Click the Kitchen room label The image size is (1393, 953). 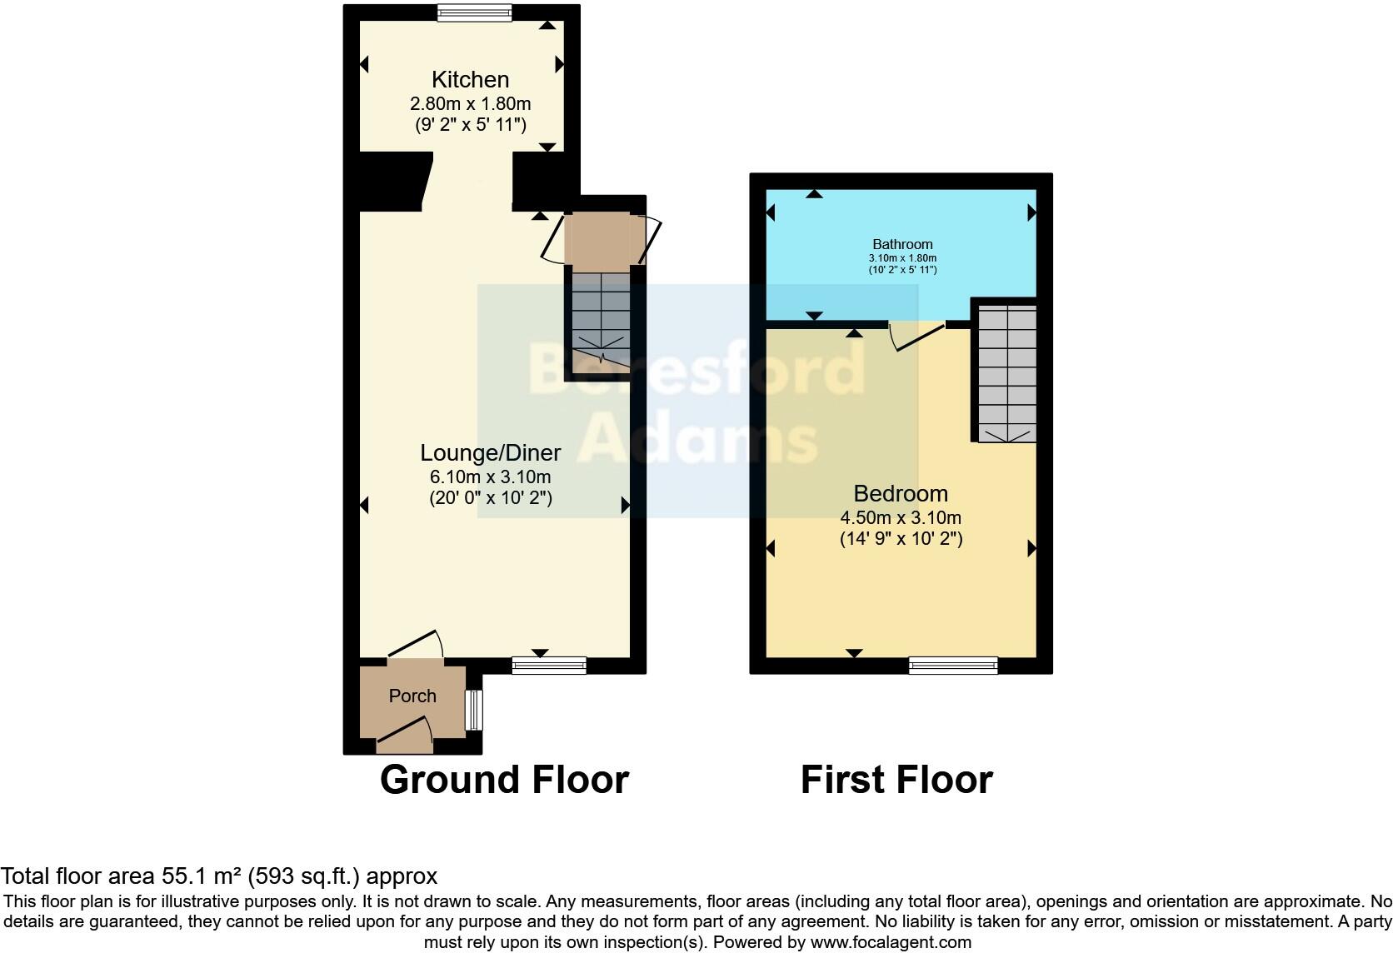[x=470, y=80]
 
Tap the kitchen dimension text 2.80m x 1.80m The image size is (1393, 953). [x=470, y=104]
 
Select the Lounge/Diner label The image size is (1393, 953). [x=490, y=453]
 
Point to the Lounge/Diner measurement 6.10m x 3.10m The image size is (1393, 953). [x=490, y=477]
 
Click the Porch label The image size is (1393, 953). [x=412, y=696]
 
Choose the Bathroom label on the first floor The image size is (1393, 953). [x=902, y=244]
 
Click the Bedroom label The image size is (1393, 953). [x=901, y=493]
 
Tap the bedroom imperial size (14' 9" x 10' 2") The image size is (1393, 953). [x=901, y=539]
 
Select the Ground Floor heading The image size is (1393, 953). [x=504, y=781]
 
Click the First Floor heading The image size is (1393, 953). [x=896, y=781]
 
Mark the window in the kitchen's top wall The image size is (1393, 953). [x=475, y=12]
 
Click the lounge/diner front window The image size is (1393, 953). [x=549, y=665]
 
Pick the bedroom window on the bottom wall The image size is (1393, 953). [x=953, y=665]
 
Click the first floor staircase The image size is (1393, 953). [x=1007, y=373]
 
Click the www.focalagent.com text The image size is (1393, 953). [x=890, y=943]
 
